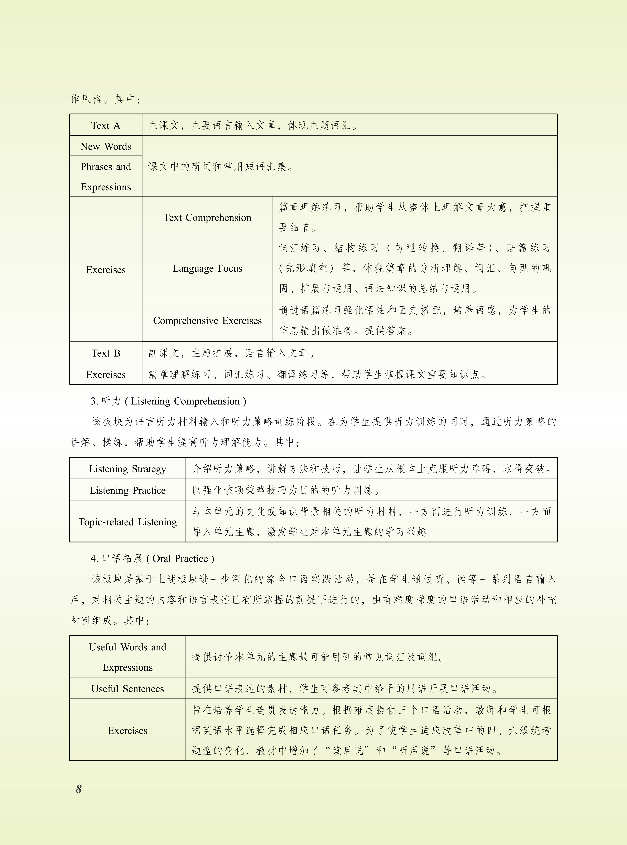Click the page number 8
pos(79,789)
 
